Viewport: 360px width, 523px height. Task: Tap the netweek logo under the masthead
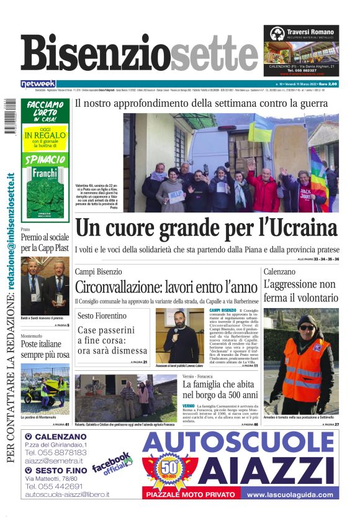38,84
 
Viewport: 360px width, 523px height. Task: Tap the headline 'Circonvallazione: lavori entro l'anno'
166,288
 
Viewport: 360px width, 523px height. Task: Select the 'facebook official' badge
112,464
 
